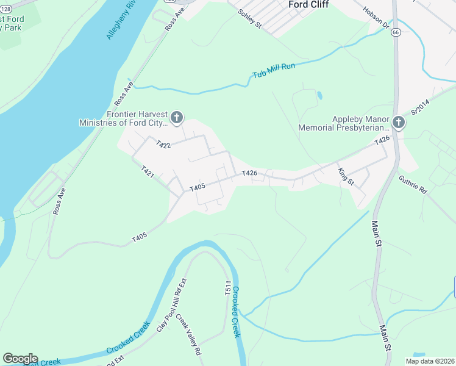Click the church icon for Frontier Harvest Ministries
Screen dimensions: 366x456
(177, 117)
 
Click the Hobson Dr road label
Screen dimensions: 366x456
(376, 18)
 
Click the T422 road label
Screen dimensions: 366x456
(162, 145)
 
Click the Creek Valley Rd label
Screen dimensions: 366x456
(189, 335)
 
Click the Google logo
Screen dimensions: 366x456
(20, 359)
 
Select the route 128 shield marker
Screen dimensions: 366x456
(5, 3)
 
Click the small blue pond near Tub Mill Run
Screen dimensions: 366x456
(319, 95)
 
